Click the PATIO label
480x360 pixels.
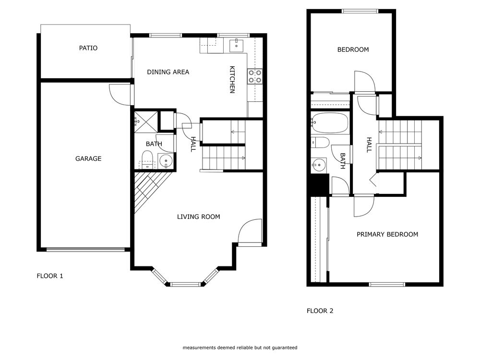coord(88,48)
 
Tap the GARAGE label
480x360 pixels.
coord(88,158)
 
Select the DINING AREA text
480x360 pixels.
coord(168,72)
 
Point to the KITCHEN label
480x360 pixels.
coord(232,80)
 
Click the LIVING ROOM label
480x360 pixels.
coord(198,217)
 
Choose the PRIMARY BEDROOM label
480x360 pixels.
coord(387,234)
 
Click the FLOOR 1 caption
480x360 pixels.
coord(50,276)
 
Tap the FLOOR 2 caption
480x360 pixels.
coord(320,311)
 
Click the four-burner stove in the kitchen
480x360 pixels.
coord(255,76)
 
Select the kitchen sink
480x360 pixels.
coord(237,46)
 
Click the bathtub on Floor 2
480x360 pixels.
coord(329,123)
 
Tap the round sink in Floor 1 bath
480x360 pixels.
coord(165,160)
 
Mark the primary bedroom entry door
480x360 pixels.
coord(363,205)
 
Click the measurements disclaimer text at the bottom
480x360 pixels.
coord(240,348)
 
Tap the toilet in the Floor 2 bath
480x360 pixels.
coord(320,142)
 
